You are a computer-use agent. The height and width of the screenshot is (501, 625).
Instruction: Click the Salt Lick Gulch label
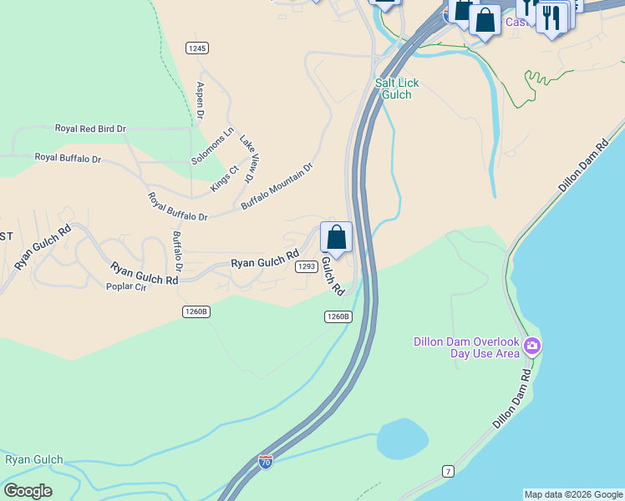397,89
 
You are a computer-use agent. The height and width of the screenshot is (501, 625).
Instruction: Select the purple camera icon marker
532,345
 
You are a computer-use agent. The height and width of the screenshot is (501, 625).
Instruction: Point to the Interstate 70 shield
265,461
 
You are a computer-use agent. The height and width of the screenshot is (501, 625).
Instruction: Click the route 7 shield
448,472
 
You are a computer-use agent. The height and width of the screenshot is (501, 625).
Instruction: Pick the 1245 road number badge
197,48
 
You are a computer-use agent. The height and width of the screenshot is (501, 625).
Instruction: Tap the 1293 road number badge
306,266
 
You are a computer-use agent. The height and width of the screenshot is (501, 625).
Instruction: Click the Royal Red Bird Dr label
90,129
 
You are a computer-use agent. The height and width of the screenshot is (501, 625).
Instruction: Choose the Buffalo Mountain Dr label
277,185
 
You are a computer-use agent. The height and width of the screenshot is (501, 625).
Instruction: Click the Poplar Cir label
126,287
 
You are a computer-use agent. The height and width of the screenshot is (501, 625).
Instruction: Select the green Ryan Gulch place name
34,460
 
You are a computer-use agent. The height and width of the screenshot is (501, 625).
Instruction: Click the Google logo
28,491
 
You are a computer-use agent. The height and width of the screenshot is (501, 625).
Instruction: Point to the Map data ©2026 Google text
573,494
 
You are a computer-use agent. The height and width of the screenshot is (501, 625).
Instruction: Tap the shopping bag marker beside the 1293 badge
336,238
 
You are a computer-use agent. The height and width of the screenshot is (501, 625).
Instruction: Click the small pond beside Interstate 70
402,437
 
